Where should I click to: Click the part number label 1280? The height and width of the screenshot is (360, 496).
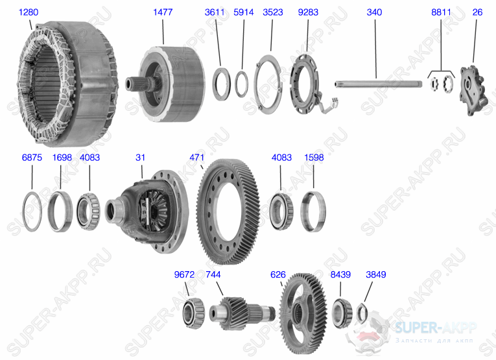[x=28, y=12]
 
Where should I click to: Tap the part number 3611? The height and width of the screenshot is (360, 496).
[x=215, y=12]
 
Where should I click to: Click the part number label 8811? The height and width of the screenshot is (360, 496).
[x=441, y=12]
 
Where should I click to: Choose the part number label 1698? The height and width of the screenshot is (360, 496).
[x=62, y=157]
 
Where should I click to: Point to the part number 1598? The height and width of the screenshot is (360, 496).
[x=313, y=157]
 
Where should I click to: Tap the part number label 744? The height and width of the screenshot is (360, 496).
[x=213, y=274]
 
